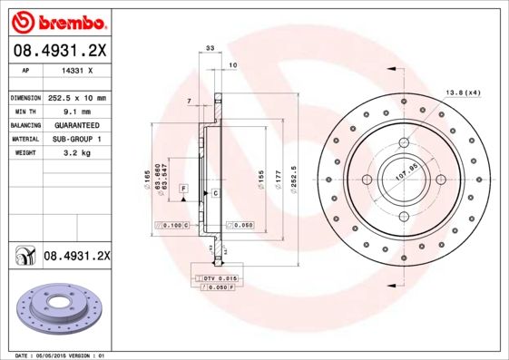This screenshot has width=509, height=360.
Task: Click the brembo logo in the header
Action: point(56,18)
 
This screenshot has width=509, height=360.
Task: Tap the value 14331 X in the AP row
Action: point(77,70)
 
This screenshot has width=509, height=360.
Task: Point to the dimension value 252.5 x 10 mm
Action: point(77,97)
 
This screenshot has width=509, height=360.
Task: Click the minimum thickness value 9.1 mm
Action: point(77,111)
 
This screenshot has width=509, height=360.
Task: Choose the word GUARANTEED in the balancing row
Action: point(77,124)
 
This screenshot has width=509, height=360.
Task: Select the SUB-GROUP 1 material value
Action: point(77,139)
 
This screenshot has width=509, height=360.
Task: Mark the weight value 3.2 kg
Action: point(77,153)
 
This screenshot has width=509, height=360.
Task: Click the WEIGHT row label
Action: point(24,153)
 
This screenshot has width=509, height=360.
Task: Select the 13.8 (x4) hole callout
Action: point(463,92)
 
